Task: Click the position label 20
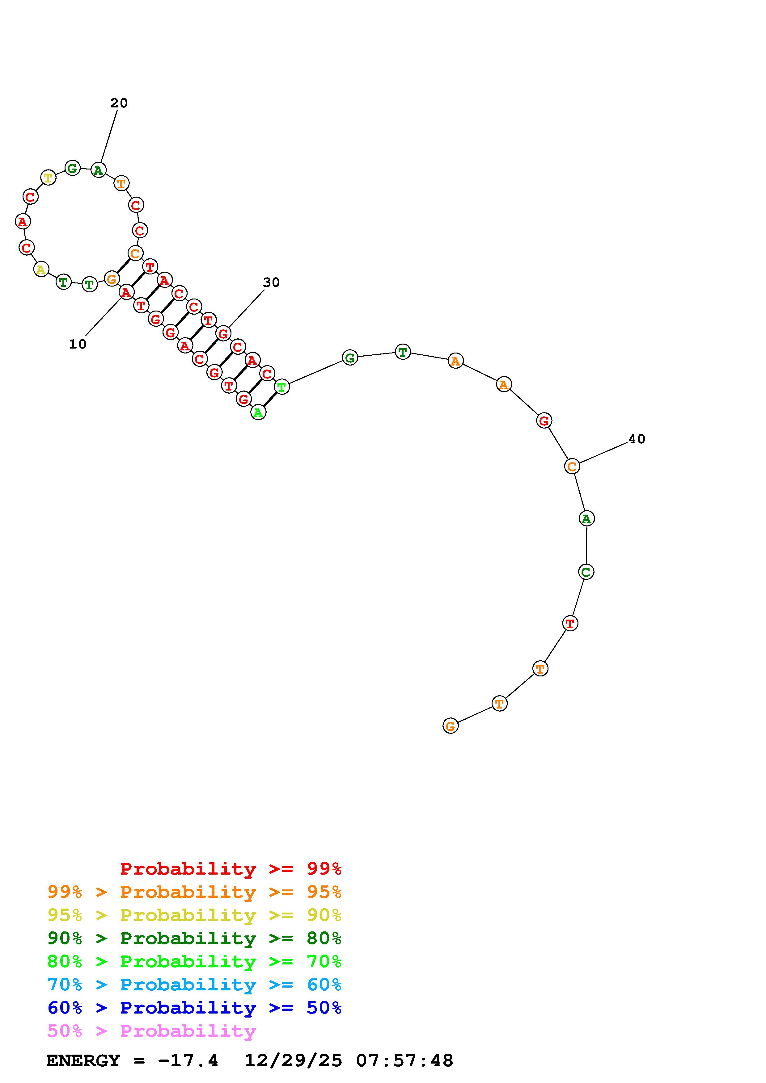coord(119,103)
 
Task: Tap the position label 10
coord(78,344)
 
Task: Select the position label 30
coord(271,282)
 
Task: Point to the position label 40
coord(637,439)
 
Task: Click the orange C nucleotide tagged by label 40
coord(572,466)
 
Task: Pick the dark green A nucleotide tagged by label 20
coord(98,169)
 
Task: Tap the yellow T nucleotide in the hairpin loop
coord(48,178)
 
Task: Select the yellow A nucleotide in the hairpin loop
coord(41,269)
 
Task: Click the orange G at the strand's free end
coord(451,725)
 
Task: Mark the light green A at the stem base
coord(258,412)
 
